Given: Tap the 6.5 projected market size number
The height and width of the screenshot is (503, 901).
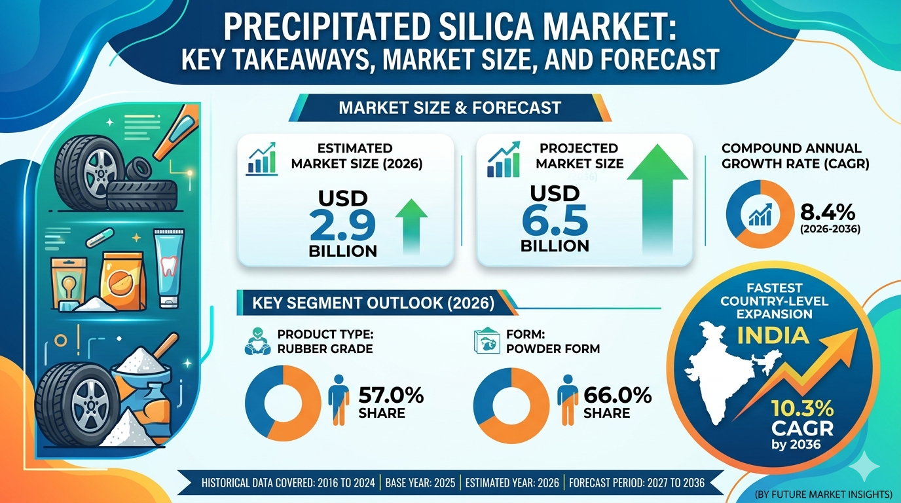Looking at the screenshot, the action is coord(555,221).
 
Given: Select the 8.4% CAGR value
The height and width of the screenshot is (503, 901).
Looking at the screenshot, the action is coord(828,212).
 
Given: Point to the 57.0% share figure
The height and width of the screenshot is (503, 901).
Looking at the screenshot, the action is coord(391,395).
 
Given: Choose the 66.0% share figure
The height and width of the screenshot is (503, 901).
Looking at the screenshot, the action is coord(617,395).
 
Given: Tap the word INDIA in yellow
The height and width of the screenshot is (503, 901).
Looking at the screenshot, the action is coord(773,335).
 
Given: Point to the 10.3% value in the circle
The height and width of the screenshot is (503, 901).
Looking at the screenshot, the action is coord(803,409).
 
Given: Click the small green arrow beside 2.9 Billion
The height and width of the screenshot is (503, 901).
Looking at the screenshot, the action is coord(411,226).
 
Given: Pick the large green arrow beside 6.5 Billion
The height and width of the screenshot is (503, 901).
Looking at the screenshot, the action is coord(657,199).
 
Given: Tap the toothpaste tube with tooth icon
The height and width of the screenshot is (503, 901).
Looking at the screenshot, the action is coord(169,268).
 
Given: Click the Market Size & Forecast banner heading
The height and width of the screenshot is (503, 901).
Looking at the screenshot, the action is coord(450,108).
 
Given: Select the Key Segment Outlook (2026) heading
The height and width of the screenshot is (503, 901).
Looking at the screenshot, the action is coord(373,303).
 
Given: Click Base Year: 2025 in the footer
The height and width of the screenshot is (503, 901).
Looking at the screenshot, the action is coord(420,483).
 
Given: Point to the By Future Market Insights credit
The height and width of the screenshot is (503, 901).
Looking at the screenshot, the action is coord(823,494).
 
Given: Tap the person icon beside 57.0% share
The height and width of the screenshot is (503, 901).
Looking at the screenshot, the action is coord(339,400).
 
